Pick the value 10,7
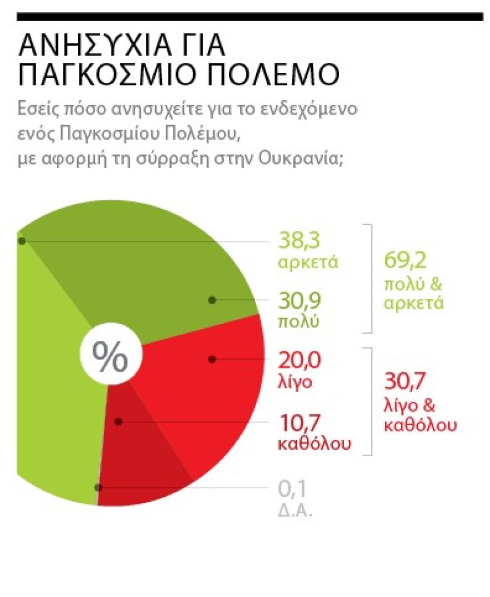[299, 423]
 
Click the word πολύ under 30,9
[298, 322]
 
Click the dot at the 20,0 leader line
[212, 359]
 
